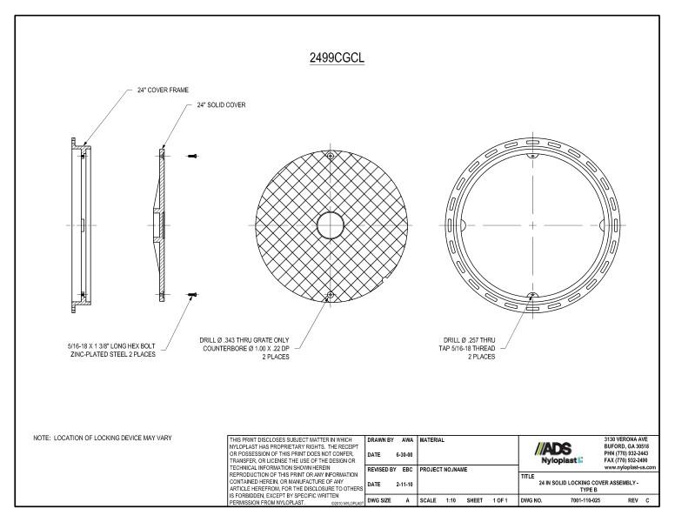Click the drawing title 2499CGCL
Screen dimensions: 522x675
pyautogui.click(x=337, y=58)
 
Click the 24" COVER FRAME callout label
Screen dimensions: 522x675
pyautogui.click(x=163, y=90)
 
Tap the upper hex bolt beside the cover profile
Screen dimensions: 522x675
pyautogui.click(x=192, y=157)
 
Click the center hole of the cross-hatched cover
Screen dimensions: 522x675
pyautogui.click(x=331, y=226)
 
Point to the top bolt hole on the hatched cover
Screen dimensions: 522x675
pyautogui.click(x=331, y=156)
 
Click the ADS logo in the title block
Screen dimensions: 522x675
pyautogui.click(x=551, y=445)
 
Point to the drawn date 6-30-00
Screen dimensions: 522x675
pyautogui.click(x=402, y=453)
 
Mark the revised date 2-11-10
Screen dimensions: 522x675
pyautogui.click(x=402, y=485)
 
